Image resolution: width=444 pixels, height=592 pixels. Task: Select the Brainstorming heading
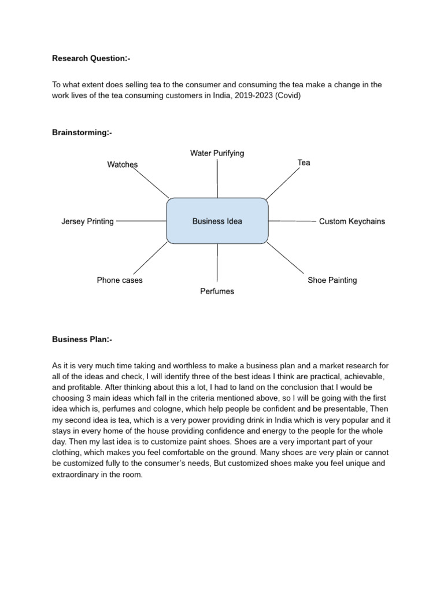82,133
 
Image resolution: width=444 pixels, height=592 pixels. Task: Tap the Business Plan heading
82,339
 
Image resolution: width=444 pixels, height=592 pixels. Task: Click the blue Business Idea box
217,221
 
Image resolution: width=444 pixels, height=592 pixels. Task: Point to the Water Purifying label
217,153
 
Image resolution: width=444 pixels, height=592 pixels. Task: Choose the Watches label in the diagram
123,165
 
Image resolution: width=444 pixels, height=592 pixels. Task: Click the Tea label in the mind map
304,162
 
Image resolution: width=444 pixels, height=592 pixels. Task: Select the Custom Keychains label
351,221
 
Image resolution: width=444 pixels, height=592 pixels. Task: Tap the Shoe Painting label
332,280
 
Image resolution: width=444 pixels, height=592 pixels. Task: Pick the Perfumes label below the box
217,291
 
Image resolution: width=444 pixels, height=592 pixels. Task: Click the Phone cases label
120,280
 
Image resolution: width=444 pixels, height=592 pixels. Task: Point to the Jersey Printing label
87,221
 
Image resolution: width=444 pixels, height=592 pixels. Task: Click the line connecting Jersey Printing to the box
141,221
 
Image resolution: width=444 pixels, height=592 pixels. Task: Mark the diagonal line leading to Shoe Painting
286,258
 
